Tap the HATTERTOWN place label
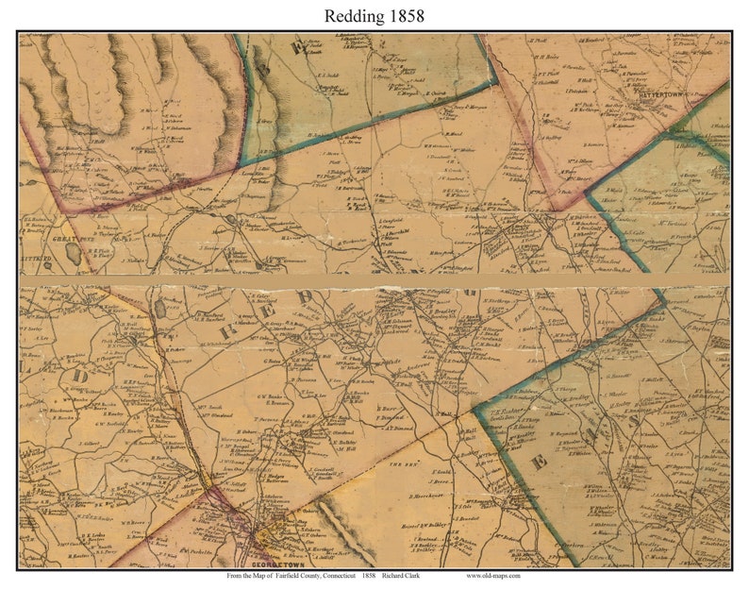[666, 95]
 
